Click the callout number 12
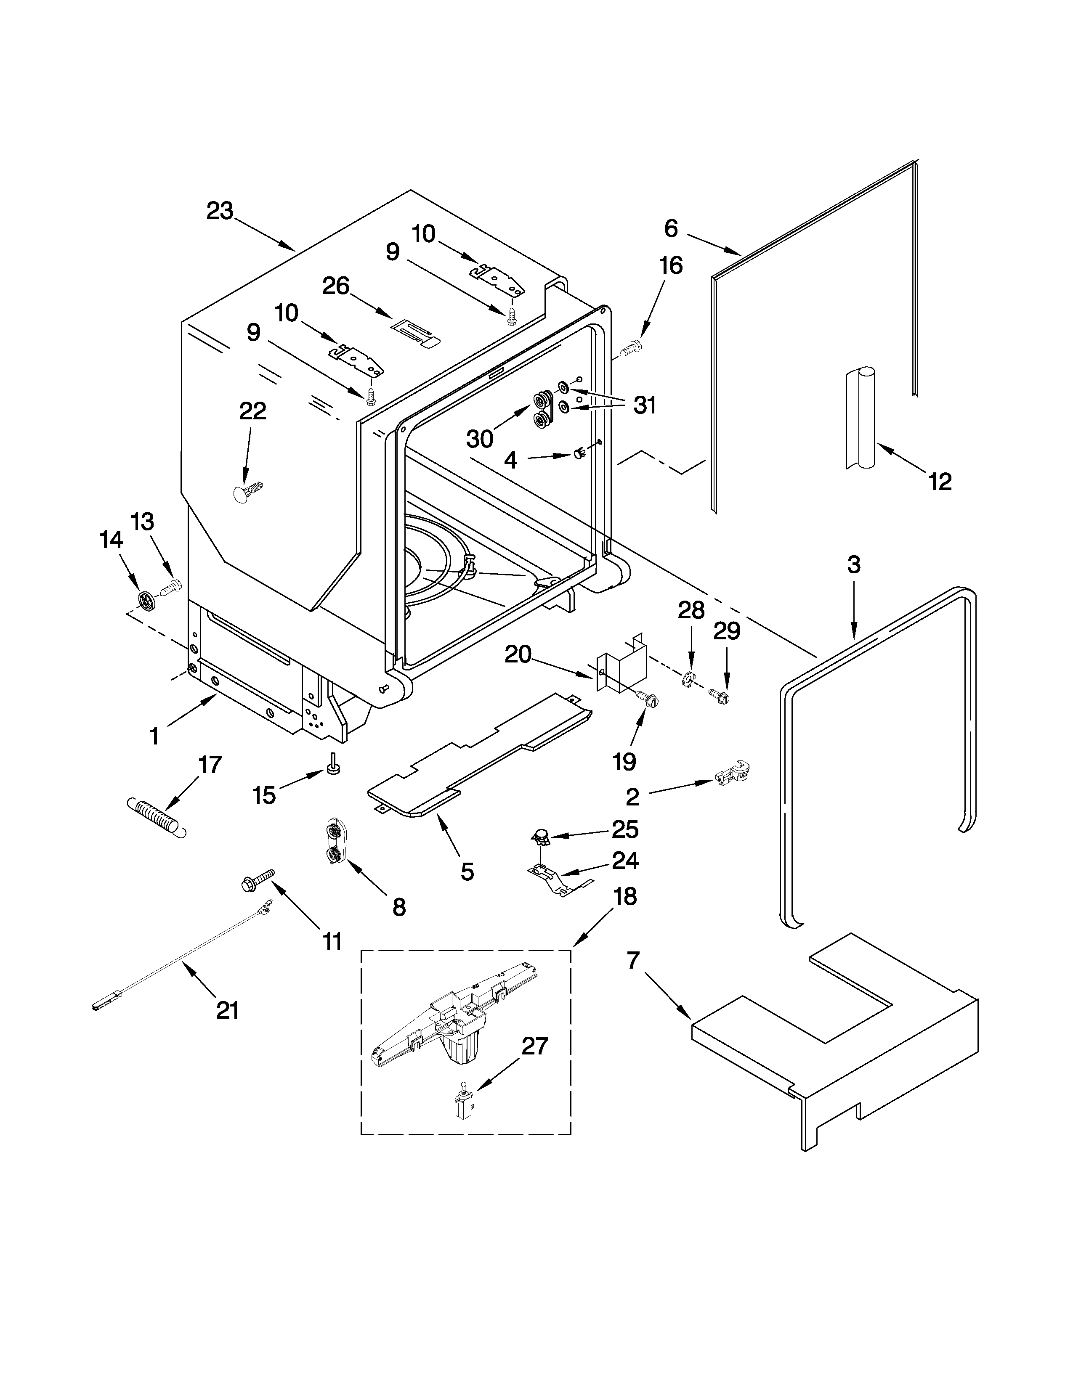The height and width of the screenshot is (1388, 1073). click(940, 482)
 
